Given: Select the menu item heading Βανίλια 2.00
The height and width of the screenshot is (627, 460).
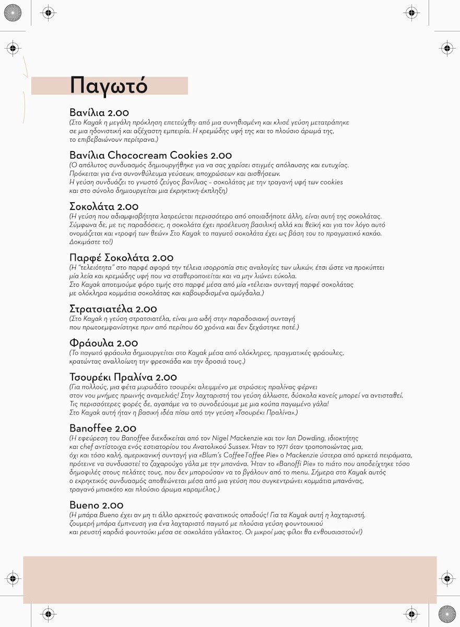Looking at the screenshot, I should click(x=99, y=113).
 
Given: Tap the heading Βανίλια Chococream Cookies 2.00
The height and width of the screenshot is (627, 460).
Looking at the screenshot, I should click(x=151, y=156).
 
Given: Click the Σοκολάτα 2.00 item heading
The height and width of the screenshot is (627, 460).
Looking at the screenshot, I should click(x=104, y=207).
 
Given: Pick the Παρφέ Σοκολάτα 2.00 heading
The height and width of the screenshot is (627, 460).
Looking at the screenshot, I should click(x=121, y=258).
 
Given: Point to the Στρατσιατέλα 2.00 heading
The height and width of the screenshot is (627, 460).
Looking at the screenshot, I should click(x=113, y=309).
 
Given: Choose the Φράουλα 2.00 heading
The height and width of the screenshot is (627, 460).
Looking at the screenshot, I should click(x=103, y=343).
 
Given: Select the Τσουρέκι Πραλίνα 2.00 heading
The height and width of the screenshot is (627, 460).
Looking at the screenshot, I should click(x=123, y=377).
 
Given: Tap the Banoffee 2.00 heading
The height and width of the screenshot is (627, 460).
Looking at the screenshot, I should click(x=103, y=429).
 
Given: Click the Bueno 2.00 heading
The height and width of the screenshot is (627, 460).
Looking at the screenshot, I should click(x=97, y=505).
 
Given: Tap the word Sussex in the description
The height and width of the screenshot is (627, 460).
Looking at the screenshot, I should click(x=237, y=447).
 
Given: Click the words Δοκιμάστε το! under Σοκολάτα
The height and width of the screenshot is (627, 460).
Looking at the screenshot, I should click(x=91, y=242).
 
